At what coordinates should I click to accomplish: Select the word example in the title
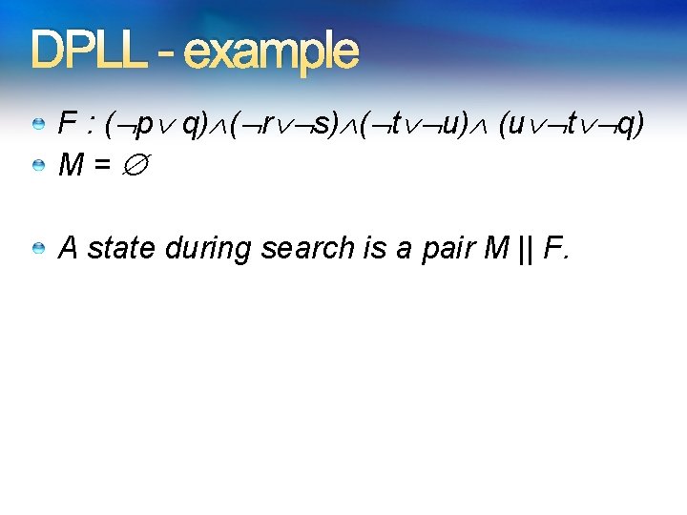(x=271, y=53)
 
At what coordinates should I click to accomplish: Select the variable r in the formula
(x=268, y=125)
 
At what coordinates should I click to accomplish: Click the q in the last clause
(x=625, y=126)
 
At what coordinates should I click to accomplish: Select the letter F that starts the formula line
(x=68, y=124)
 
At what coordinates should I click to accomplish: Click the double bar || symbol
(x=527, y=249)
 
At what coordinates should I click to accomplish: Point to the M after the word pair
(x=496, y=248)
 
